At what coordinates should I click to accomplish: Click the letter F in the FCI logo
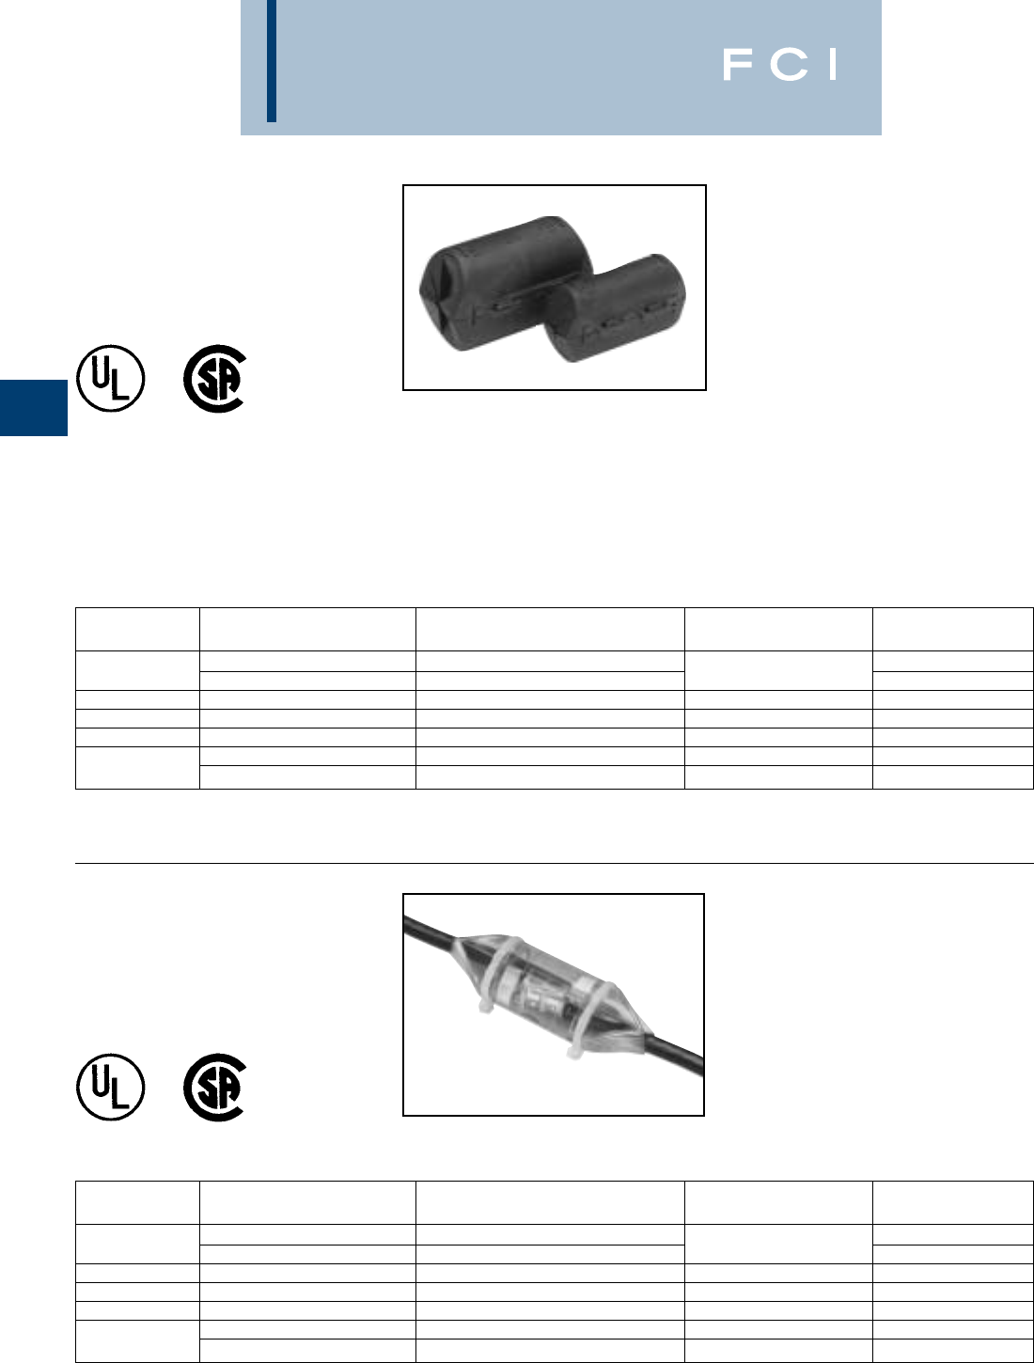pos(738,65)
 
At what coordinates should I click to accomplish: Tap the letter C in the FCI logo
pos(789,65)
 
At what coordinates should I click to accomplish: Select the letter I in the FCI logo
pos(833,65)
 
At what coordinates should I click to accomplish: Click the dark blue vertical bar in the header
pos(272,61)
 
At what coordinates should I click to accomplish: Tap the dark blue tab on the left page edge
pos(34,407)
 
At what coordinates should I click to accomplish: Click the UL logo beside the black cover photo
pos(111,378)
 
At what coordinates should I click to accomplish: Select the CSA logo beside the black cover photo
pos(215,379)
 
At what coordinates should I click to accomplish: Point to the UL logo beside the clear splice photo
pos(111,1087)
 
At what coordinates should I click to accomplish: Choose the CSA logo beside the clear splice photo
pos(215,1088)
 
